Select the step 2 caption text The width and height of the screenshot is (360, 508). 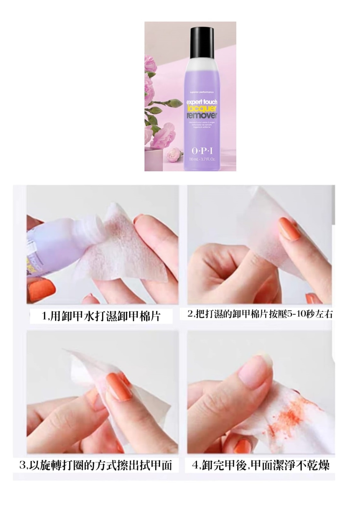pyautogui.click(x=260, y=314)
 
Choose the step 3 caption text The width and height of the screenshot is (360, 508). pyautogui.click(x=96, y=465)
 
